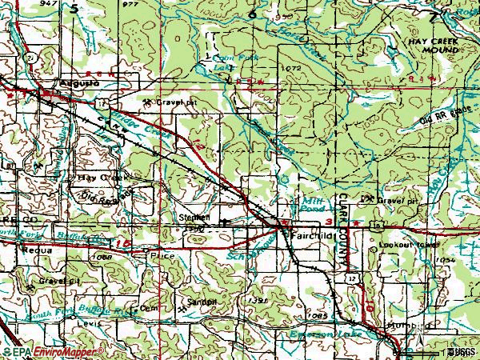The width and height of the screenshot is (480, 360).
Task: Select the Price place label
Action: [162, 255]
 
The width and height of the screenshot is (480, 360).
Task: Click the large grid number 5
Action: [74, 10]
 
